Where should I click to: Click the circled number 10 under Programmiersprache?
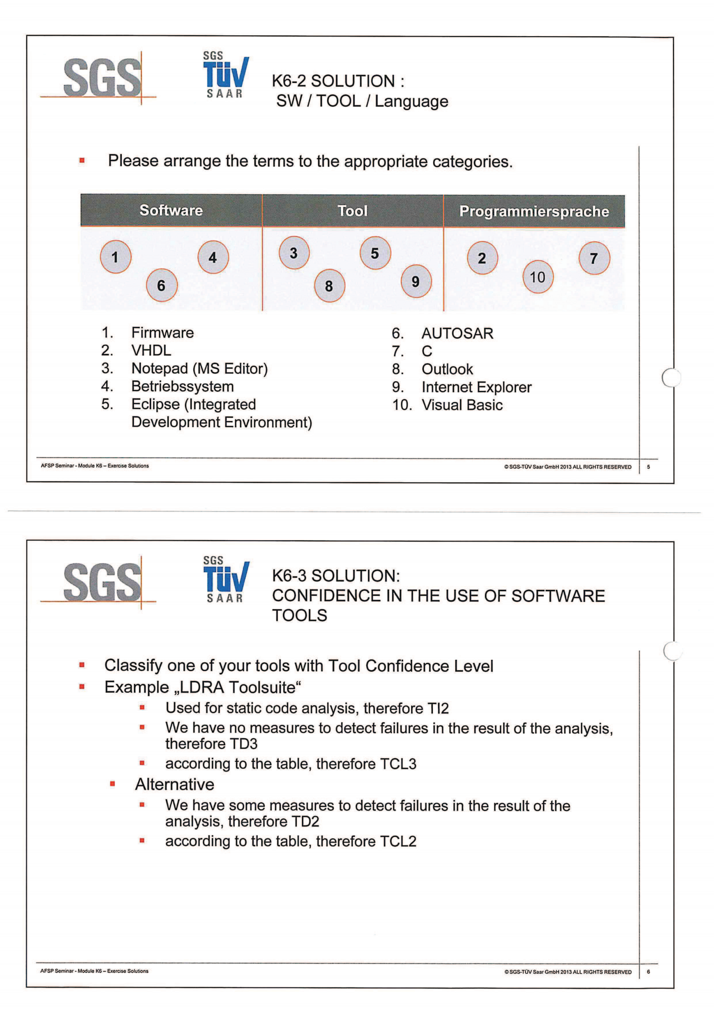(x=537, y=277)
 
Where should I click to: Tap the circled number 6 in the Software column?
(x=162, y=285)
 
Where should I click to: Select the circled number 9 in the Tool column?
(x=416, y=282)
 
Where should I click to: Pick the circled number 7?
(x=594, y=258)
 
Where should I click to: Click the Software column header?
(x=171, y=210)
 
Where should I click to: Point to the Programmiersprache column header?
(x=534, y=211)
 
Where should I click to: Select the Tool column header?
(x=352, y=211)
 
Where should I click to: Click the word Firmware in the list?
(x=162, y=332)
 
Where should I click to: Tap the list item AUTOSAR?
(x=457, y=333)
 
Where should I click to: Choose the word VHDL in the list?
(x=151, y=351)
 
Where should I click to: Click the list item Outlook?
(x=447, y=369)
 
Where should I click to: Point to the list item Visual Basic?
(x=462, y=405)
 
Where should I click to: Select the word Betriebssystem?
(x=183, y=386)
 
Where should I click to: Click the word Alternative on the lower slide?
(x=175, y=784)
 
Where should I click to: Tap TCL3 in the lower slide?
(x=398, y=764)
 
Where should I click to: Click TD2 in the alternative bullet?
(x=305, y=821)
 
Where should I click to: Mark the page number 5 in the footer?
(x=648, y=467)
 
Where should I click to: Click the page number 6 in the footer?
(x=648, y=972)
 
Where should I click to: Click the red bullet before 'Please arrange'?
(x=82, y=161)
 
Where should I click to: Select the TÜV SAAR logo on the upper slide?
(x=225, y=75)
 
